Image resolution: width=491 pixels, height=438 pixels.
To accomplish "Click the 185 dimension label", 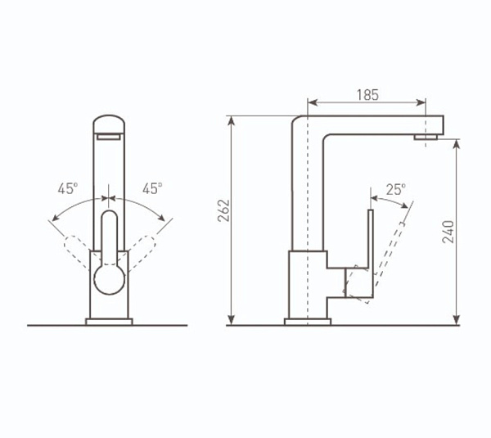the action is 367,95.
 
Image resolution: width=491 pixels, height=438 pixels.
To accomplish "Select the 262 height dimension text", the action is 223,210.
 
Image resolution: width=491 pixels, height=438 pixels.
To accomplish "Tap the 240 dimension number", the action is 448,232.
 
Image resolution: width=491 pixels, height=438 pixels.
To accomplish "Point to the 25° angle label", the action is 396,190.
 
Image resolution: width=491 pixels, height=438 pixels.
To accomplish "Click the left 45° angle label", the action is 68,188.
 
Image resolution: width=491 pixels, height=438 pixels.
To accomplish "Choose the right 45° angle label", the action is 152,188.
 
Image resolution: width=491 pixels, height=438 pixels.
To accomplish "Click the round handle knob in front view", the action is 110,279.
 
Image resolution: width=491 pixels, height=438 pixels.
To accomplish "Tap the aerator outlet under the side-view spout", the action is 426,137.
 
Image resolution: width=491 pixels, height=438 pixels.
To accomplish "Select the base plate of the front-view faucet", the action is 109,322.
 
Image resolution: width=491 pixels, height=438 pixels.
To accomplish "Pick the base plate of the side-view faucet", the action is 308,322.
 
